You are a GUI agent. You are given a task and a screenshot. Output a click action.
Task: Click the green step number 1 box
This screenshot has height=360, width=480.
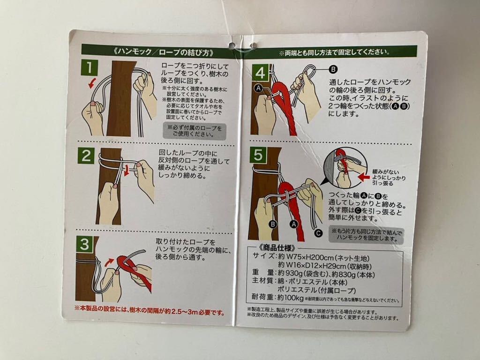(90, 67)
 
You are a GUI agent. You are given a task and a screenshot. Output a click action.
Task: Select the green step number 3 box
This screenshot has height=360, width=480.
(84, 244)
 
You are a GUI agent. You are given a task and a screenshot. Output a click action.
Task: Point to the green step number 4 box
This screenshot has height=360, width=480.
(260, 73)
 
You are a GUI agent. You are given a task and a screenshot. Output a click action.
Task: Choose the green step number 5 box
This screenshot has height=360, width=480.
(258, 155)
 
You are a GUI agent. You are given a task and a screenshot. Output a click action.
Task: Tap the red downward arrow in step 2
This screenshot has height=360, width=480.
(127, 170)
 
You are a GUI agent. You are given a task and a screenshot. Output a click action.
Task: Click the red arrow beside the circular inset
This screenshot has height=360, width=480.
(364, 177)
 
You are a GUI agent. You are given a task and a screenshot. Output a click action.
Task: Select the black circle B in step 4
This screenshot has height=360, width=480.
(333, 69)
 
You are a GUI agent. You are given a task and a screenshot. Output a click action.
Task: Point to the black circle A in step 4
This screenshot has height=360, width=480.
(258, 89)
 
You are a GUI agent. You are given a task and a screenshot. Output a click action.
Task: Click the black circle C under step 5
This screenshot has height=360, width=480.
(318, 233)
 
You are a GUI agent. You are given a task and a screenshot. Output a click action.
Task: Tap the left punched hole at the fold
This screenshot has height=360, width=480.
(232, 45)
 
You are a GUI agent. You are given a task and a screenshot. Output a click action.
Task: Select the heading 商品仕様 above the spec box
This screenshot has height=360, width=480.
(277, 248)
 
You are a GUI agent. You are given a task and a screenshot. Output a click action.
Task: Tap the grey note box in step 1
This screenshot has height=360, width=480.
(195, 131)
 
